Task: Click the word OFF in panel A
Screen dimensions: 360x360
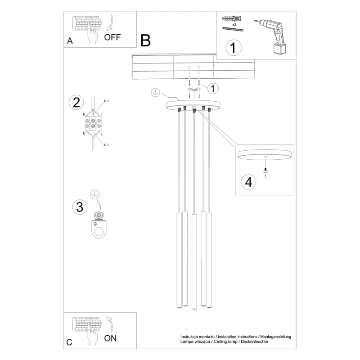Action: click(x=112, y=37)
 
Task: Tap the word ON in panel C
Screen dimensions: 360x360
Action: click(x=110, y=338)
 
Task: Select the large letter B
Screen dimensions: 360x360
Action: click(x=145, y=40)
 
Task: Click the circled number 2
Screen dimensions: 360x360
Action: click(x=76, y=103)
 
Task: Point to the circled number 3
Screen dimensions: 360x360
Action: click(x=80, y=207)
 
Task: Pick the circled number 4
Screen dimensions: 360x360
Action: click(x=249, y=182)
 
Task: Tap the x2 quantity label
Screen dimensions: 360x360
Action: click(x=234, y=25)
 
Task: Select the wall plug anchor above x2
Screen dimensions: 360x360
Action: click(x=232, y=18)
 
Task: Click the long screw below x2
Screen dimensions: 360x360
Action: click(x=233, y=29)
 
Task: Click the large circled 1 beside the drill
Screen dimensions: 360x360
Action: click(x=234, y=48)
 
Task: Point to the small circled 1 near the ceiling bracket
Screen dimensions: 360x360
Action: click(x=213, y=88)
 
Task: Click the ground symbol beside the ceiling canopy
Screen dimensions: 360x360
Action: click(x=155, y=93)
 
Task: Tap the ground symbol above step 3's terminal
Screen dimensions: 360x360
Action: click(x=94, y=194)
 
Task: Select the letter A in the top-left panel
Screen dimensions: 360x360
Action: click(x=70, y=41)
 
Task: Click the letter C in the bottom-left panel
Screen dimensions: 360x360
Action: click(x=69, y=342)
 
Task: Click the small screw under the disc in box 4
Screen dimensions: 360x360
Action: click(x=265, y=170)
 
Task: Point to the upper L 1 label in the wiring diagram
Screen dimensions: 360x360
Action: click(x=106, y=101)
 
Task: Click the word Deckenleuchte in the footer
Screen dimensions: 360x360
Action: click(x=254, y=342)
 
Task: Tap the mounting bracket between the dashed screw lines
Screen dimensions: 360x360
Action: click(x=194, y=89)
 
